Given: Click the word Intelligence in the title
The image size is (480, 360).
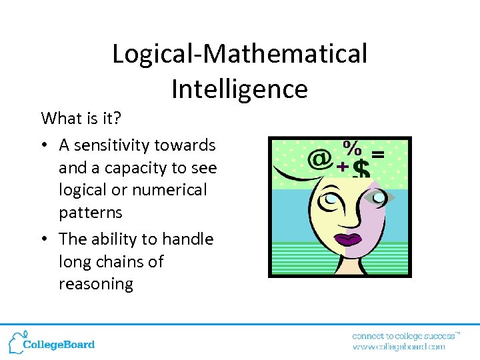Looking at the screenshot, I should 239,88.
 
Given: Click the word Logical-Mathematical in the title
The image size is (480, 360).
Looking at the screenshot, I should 239,53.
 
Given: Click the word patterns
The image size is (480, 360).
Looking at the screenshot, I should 91,212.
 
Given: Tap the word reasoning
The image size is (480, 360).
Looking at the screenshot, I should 96,284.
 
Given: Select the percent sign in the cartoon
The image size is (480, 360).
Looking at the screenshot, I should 353,147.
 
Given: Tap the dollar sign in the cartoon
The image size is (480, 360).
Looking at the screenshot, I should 361,169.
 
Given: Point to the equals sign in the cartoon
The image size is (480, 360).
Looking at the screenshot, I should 377,154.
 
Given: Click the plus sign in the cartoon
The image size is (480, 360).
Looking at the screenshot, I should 343,167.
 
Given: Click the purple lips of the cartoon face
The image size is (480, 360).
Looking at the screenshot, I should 347,239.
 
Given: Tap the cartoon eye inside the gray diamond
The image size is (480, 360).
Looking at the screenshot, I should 379,197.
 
